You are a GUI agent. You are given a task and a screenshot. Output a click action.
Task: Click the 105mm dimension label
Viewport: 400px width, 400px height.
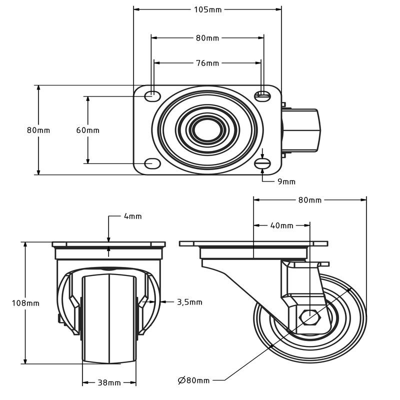point(207,9)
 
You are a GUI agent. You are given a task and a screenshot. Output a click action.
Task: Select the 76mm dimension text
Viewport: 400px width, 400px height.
point(207,63)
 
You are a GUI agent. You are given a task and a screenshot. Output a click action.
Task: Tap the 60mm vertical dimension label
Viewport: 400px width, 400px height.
point(88,130)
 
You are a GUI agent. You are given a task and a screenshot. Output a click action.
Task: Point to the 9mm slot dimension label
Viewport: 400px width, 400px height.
point(286,181)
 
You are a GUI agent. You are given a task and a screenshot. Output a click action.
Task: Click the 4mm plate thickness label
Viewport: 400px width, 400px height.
point(132,216)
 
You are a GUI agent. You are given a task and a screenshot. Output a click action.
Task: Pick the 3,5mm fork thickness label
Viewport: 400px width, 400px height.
point(190,302)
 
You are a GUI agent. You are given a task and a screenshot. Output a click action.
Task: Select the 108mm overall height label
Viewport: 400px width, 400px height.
point(25,303)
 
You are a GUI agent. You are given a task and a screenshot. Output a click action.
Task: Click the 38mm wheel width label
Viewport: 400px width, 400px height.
point(109,382)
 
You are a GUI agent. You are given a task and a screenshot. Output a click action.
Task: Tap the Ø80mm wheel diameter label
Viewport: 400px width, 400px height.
point(193,380)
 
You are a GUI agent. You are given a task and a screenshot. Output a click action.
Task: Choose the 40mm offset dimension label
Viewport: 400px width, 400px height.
point(281,225)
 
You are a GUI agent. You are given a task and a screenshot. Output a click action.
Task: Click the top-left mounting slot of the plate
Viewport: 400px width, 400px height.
point(152,96)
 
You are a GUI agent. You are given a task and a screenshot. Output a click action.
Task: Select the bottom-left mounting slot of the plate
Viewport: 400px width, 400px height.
point(152,163)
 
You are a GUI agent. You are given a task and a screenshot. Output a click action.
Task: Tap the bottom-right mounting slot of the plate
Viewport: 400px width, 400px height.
point(263,163)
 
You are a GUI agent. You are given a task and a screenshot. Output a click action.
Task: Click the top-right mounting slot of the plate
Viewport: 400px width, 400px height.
point(263,96)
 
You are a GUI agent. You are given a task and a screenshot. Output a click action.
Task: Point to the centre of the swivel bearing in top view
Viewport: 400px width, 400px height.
point(207,129)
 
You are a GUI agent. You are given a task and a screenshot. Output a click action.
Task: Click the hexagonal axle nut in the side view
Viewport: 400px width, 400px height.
point(310,317)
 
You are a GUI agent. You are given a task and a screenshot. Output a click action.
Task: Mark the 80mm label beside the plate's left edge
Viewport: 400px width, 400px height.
point(38,130)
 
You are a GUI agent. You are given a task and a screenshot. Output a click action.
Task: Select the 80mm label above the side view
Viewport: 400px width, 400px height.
point(310,200)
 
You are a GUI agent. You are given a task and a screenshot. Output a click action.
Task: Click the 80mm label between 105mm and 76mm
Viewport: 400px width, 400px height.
point(207,38)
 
